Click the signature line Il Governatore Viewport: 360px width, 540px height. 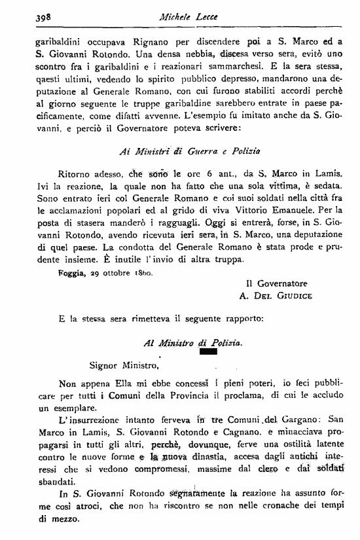point(274,284)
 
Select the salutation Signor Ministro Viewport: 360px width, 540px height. point(123,365)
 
